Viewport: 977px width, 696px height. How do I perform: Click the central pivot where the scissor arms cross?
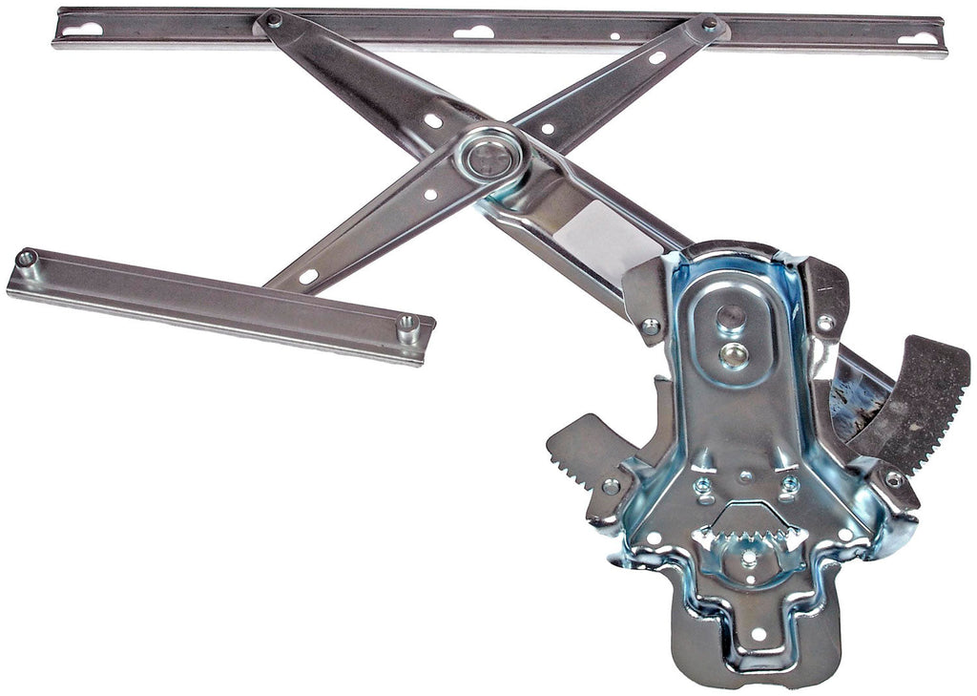[492, 154]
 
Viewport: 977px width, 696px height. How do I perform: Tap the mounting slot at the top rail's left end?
[82, 30]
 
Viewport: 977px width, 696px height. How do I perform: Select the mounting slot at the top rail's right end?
[918, 38]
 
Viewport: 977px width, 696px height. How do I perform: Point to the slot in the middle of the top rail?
[473, 32]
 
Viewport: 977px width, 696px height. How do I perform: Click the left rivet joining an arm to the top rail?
[274, 19]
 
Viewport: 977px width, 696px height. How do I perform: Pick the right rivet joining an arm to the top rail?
[709, 23]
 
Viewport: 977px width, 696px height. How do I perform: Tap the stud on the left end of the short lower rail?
[27, 258]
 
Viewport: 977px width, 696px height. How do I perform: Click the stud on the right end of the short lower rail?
[408, 325]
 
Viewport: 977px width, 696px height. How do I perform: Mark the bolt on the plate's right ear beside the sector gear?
[894, 479]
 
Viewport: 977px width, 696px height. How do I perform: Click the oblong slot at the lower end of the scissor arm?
[307, 277]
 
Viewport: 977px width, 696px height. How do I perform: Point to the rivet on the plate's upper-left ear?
[651, 327]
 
